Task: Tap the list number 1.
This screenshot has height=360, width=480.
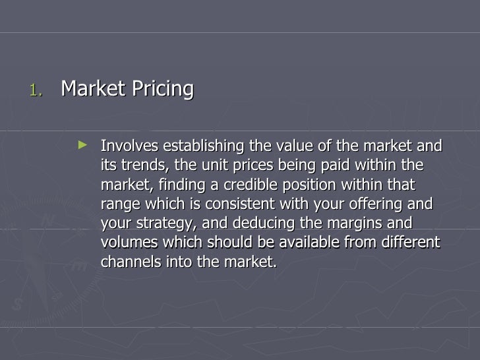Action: tap(36, 90)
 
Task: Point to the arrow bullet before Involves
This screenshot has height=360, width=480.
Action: tap(82, 142)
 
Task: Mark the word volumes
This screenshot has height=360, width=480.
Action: tap(128, 242)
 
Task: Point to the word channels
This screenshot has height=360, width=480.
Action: tap(129, 261)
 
